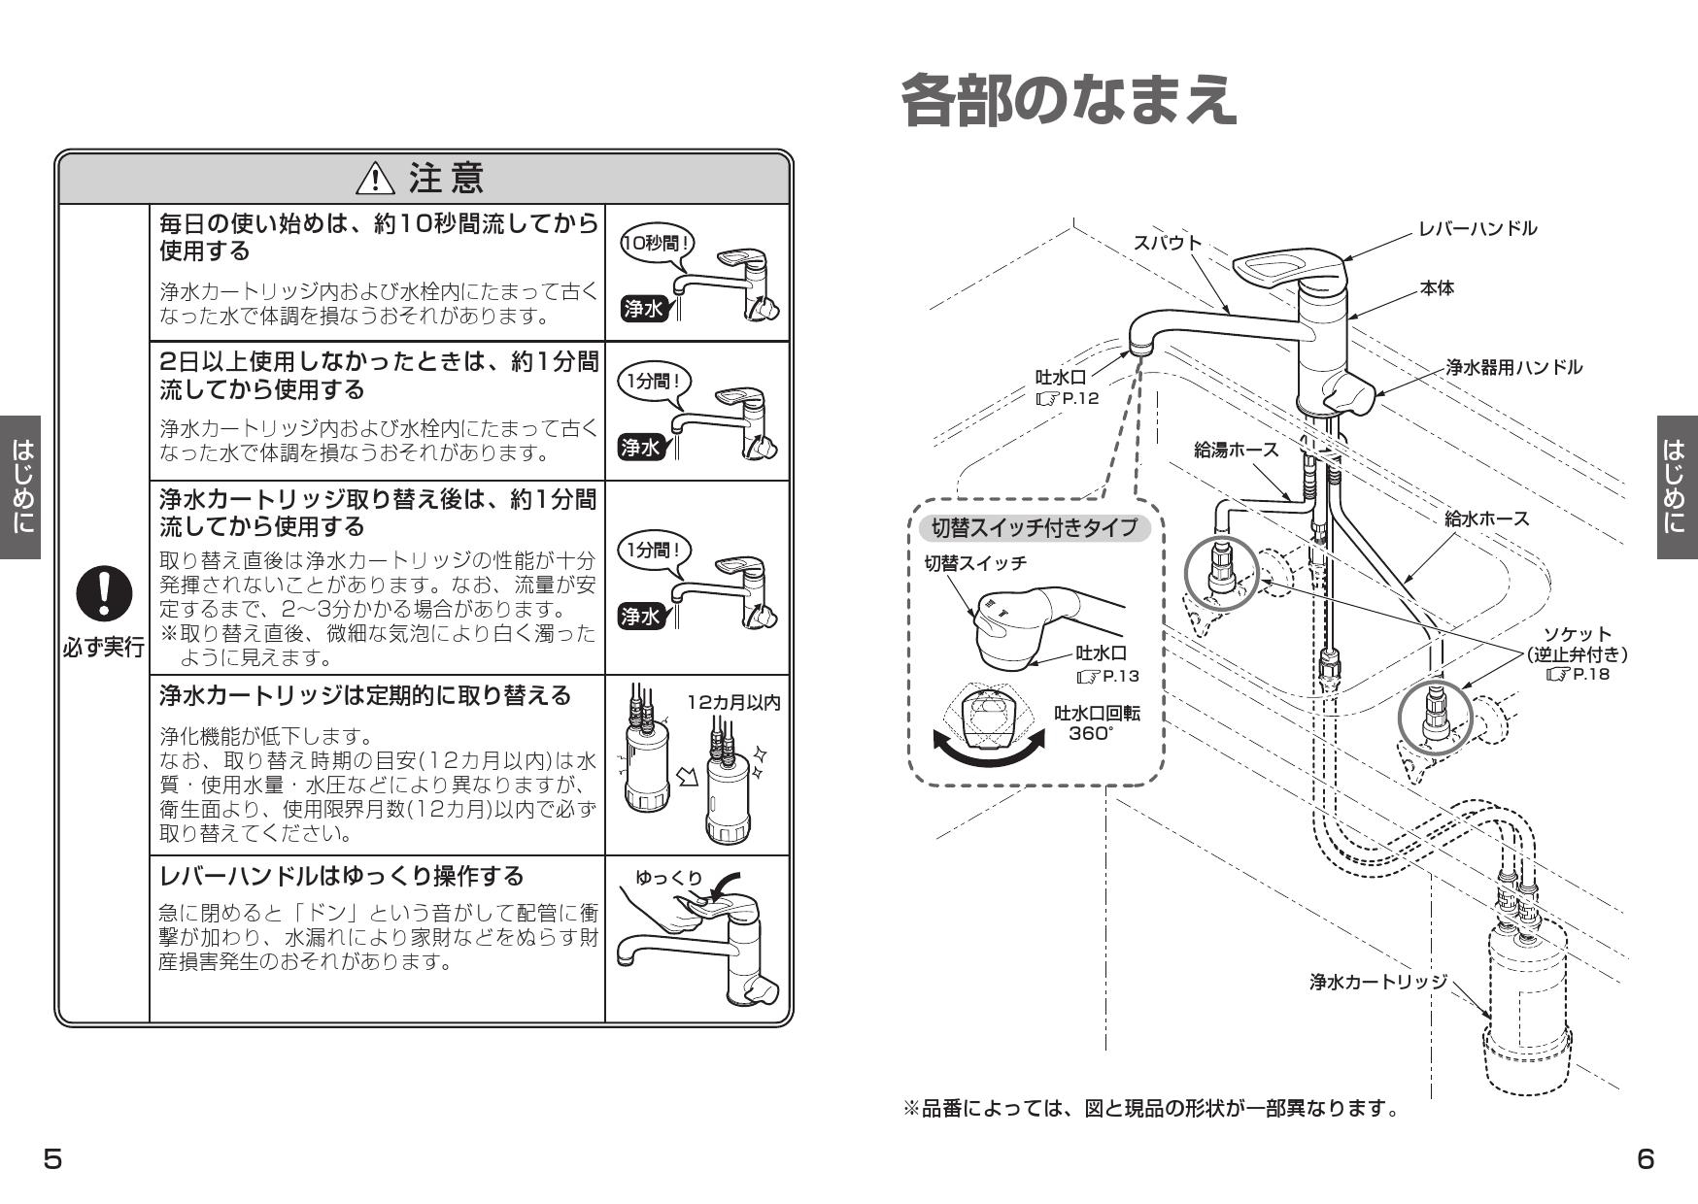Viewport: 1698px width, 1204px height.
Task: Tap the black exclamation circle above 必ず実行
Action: tap(105, 593)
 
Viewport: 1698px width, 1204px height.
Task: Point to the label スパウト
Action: tap(1168, 243)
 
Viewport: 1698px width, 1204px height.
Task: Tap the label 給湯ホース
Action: tap(1236, 450)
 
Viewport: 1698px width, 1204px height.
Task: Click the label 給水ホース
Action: tap(1486, 518)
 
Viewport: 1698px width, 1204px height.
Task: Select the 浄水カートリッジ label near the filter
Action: tap(1377, 982)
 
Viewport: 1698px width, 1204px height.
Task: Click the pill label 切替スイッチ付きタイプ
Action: tap(1034, 528)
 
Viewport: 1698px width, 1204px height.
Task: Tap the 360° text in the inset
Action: tap(1091, 734)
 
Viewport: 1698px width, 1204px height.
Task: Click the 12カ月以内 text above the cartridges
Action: tap(733, 702)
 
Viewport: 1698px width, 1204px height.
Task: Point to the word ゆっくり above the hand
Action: tap(668, 878)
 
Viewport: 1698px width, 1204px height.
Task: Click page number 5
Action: tap(52, 1159)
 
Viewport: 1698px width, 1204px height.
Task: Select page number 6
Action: tap(1646, 1159)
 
